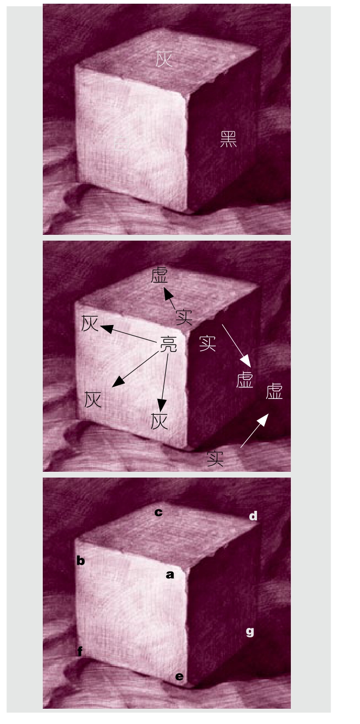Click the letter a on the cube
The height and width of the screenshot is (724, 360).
(x=170, y=575)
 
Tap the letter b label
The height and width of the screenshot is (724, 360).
(x=81, y=560)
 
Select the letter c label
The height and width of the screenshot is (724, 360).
(x=158, y=512)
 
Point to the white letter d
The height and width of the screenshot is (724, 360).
(x=253, y=516)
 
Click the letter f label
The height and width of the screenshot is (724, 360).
(x=80, y=651)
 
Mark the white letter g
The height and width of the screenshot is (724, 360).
(x=250, y=632)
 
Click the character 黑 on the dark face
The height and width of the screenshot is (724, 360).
(x=229, y=139)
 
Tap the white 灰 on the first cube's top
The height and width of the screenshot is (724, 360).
(x=164, y=59)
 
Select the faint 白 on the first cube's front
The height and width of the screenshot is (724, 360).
(x=122, y=142)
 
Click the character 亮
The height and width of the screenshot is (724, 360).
(x=168, y=344)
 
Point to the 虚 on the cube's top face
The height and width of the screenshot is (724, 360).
(x=159, y=275)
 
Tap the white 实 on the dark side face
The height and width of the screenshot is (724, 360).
(x=207, y=343)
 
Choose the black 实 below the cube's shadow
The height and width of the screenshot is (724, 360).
(x=215, y=458)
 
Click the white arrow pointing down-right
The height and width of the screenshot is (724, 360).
(x=236, y=346)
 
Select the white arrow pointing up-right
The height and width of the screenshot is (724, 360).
(x=254, y=430)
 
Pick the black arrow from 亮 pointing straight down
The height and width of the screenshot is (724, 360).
(x=164, y=383)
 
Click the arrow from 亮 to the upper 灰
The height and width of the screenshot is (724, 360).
(x=129, y=334)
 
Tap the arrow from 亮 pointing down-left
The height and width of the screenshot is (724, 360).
(x=135, y=369)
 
